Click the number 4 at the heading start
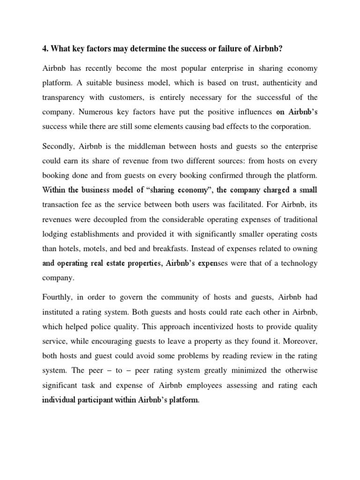[45, 47]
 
